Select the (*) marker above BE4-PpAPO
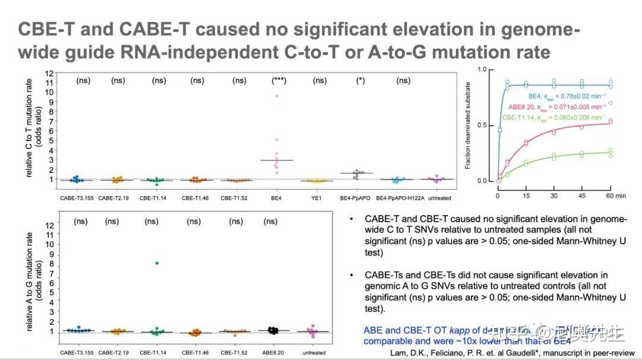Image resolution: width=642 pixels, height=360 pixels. [360, 80]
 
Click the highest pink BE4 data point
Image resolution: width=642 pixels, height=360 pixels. [276, 96]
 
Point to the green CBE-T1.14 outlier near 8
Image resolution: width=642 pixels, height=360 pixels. [156, 263]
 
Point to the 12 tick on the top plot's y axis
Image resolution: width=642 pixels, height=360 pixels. [50, 72]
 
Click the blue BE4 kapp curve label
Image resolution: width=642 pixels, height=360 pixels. [567, 96]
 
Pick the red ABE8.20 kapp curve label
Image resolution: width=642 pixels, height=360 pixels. [557, 107]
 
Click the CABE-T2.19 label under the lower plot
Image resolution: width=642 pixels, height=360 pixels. [113, 353]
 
